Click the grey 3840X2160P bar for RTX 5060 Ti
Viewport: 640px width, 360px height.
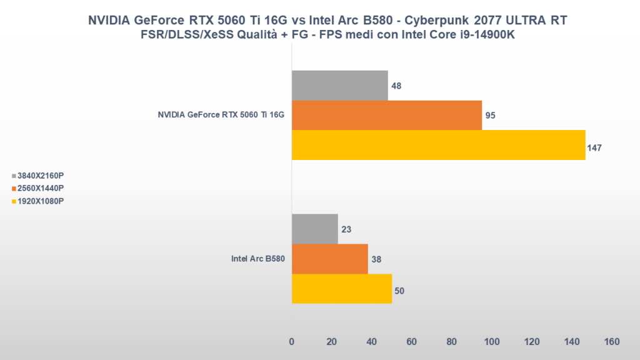(339, 85)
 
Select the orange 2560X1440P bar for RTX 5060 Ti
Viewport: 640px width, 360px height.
(386, 115)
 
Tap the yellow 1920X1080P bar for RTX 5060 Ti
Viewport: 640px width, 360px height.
(438, 145)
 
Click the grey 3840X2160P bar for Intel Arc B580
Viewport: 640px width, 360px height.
(314, 229)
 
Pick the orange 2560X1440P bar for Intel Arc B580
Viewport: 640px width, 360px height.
(329, 259)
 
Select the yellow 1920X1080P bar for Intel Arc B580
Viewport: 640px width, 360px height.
(341, 289)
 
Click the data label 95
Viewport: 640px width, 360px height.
(491, 116)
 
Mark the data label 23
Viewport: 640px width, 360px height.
(346, 229)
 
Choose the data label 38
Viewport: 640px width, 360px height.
(376, 259)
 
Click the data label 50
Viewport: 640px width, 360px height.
(400, 291)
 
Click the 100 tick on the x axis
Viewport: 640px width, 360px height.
(492, 342)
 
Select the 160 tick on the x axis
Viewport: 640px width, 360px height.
(612, 342)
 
